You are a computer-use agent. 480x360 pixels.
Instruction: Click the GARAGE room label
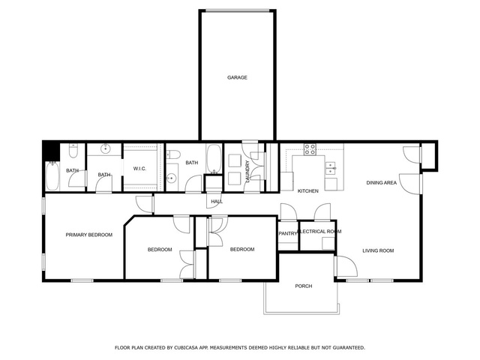click(x=237, y=78)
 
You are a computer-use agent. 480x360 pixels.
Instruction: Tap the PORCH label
click(x=303, y=286)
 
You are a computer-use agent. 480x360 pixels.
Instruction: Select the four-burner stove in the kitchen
click(x=310, y=150)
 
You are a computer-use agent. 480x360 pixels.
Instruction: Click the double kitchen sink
click(x=331, y=168)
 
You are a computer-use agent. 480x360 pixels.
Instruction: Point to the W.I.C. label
click(x=139, y=169)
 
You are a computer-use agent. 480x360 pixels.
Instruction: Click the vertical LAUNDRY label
click(x=247, y=172)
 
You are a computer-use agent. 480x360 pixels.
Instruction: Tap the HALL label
click(x=217, y=202)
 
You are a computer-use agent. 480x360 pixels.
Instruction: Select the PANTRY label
click(x=288, y=233)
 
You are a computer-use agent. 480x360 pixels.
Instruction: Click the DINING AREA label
click(x=382, y=183)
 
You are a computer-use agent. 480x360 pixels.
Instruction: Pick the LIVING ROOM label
click(x=378, y=250)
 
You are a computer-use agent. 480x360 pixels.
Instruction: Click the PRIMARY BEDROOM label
click(x=89, y=235)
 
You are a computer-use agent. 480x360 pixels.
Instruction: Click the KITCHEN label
click(x=308, y=191)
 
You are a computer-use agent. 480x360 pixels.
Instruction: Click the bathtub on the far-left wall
click(x=52, y=175)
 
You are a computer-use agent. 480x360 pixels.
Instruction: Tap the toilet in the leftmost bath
click(x=73, y=150)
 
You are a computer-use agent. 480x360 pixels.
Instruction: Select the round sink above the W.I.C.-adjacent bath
click(x=106, y=148)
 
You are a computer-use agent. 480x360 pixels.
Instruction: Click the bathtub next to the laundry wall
click(x=214, y=158)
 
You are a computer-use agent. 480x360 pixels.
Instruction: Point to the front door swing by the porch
click(x=346, y=266)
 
